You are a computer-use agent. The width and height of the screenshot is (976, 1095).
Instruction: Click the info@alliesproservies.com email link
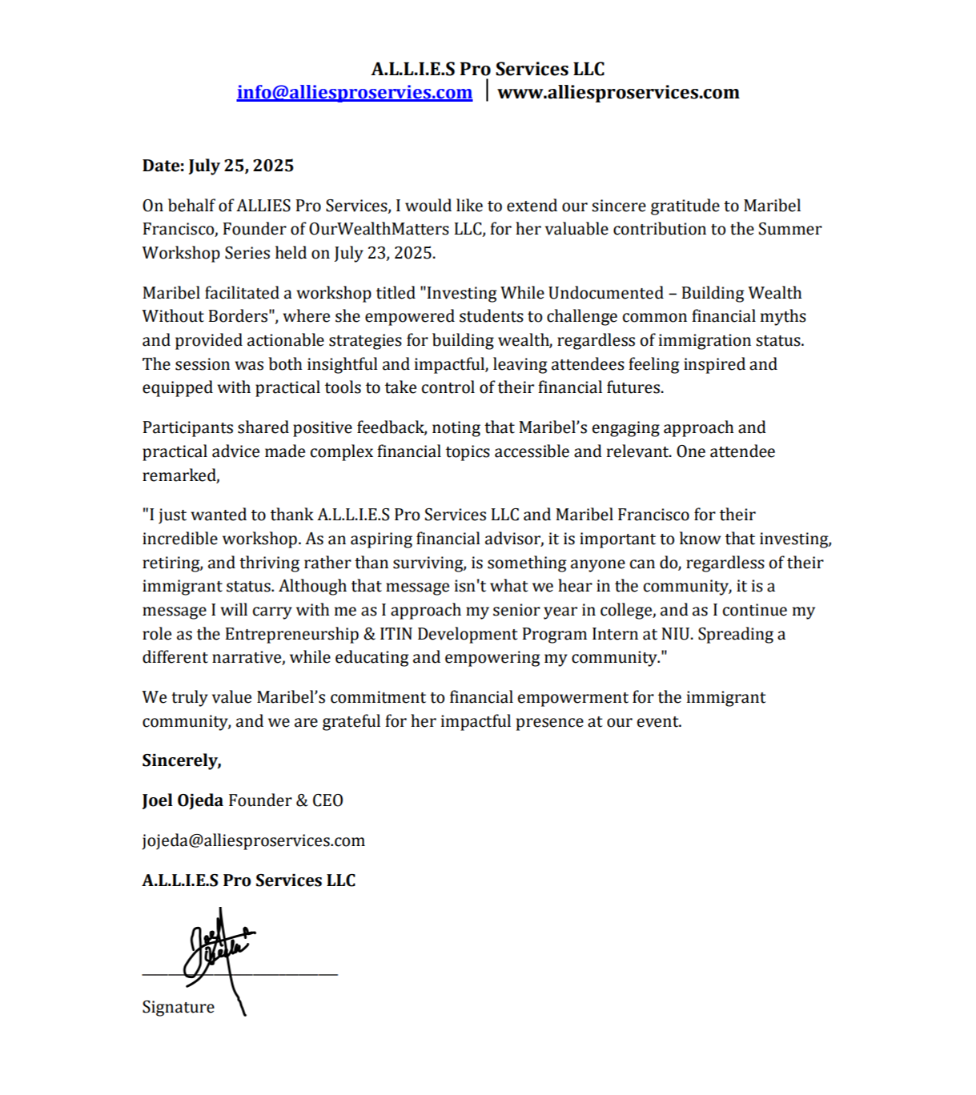[354, 92]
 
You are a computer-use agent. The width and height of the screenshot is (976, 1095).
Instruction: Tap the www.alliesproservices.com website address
[618, 92]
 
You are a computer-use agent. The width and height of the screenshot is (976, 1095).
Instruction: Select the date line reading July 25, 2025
[218, 166]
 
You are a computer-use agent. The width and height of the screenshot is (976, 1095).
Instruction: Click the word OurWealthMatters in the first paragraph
[380, 229]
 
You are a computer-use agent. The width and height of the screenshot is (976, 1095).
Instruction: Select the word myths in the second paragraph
[785, 316]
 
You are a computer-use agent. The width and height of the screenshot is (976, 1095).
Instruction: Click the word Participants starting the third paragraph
[187, 427]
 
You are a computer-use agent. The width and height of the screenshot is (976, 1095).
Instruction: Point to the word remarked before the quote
[179, 475]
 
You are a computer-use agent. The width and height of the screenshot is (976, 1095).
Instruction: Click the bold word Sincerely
[182, 760]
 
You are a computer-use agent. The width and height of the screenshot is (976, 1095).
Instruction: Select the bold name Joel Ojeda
[183, 800]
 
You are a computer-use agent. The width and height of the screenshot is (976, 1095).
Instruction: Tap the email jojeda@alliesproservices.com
[253, 840]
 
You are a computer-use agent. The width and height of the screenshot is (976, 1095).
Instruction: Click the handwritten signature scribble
[216, 949]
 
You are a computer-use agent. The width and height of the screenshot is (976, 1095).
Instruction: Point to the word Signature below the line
[178, 1007]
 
